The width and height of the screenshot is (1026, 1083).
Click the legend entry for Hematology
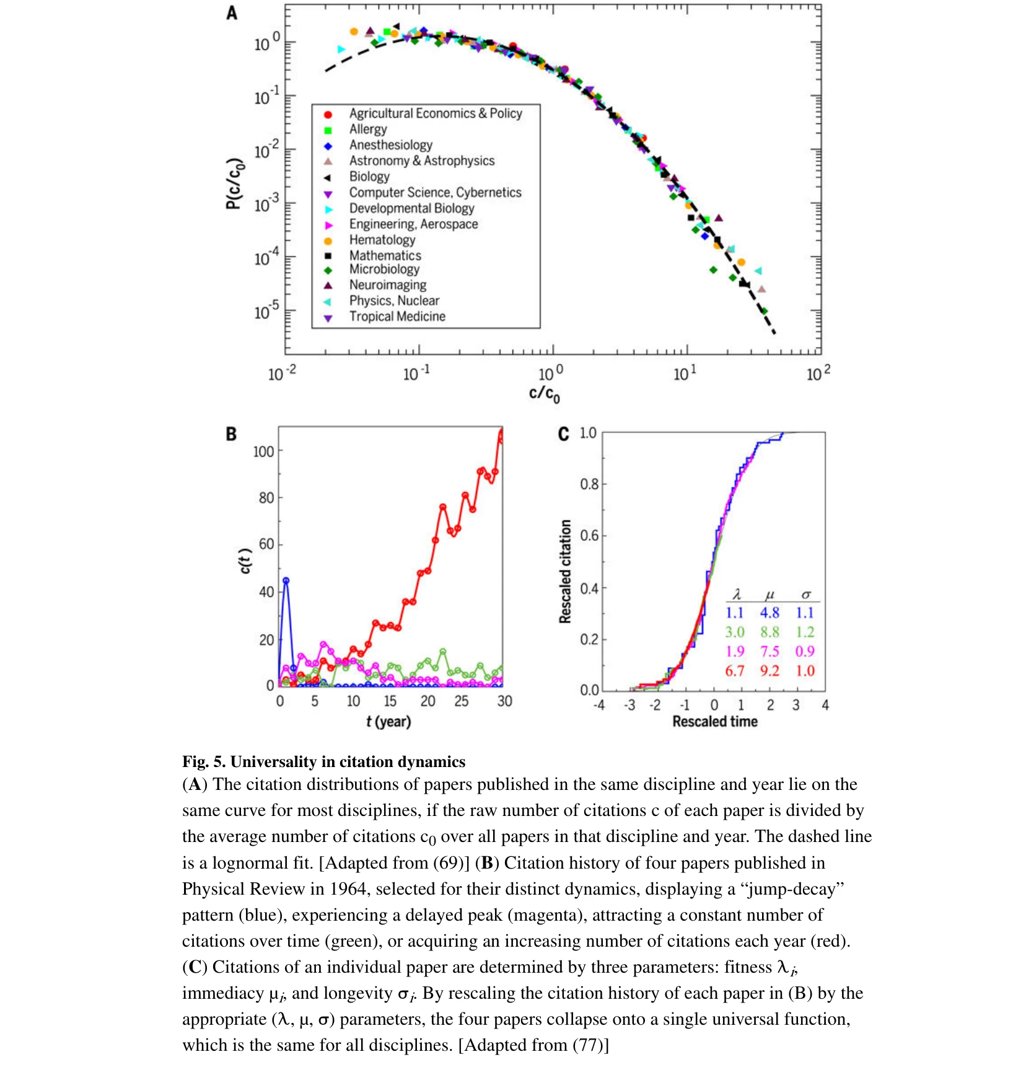(382, 240)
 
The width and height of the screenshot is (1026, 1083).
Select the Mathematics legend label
(385, 255)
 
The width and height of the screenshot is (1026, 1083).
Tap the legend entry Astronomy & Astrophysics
(421, 160)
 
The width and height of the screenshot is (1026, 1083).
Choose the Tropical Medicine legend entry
(397, 317)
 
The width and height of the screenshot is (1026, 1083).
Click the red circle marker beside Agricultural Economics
(328, 115)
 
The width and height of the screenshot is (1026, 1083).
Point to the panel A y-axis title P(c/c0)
(234, 184)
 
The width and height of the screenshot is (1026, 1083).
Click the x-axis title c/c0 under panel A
(544, 393)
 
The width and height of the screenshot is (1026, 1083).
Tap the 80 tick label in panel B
(266, 498)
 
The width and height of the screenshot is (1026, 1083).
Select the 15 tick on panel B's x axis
(390, 701)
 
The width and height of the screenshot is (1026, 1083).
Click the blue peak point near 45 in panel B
(286, 581)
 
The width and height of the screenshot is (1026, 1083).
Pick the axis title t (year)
(388, 721)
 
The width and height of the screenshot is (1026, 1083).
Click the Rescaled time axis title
(714, 721)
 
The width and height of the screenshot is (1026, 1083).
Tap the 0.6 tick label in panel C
(589, 535)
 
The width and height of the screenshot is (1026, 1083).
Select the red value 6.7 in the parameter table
(734, 670)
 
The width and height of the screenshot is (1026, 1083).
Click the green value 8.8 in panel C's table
(769, 632)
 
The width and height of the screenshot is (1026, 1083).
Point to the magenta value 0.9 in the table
(804, 651)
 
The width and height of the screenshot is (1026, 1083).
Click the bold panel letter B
(231, 434)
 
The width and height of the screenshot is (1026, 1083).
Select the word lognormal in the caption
(255, 863)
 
